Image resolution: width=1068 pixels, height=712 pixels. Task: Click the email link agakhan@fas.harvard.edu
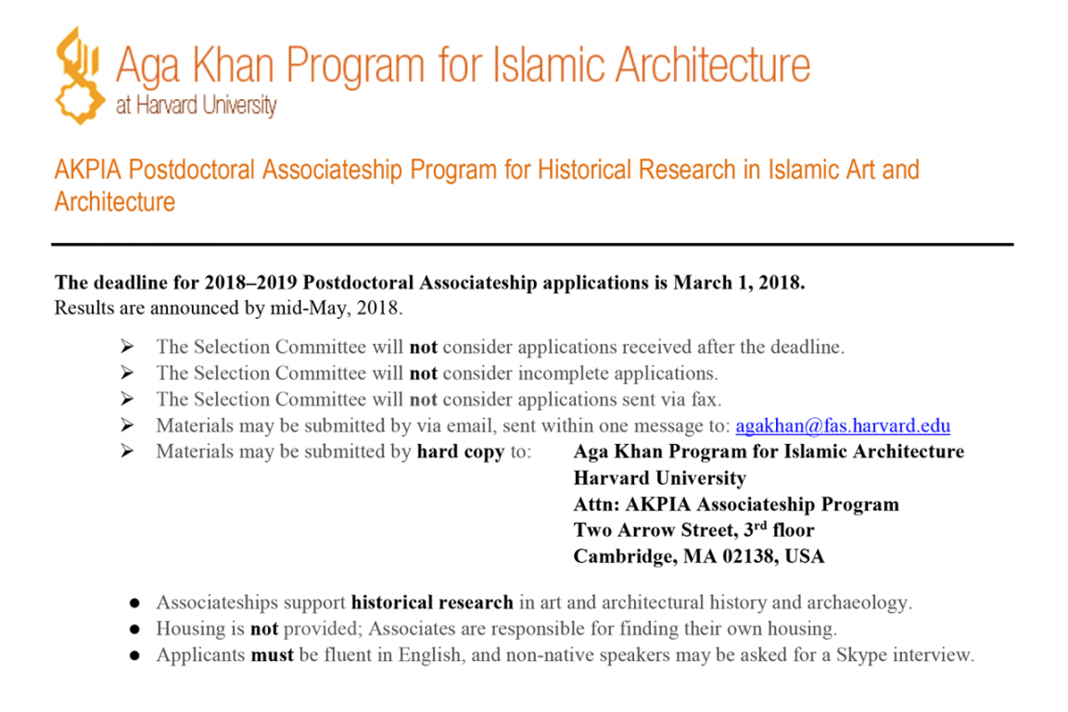pos(842,426)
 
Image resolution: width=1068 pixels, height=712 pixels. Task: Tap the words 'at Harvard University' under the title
pos(196,106)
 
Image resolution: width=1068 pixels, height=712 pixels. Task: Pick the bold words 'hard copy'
pos(460,451)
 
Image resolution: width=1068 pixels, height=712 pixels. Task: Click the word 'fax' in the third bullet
pos(707,400)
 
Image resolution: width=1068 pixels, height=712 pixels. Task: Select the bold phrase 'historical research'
pos(432,603)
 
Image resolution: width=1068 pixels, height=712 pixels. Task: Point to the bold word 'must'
pos(272,655)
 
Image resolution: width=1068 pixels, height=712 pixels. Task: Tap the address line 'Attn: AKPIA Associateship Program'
pos(736,505)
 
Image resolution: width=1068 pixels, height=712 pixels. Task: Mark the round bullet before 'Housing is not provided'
pos(135,629)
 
